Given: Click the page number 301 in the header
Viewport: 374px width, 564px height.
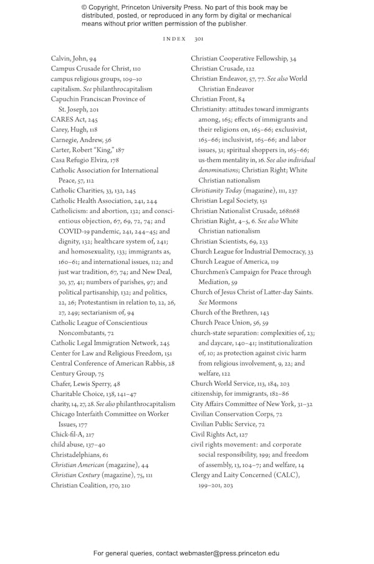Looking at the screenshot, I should coord(199,39).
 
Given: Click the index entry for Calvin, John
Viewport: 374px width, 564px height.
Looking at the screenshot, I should coord(74,58).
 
